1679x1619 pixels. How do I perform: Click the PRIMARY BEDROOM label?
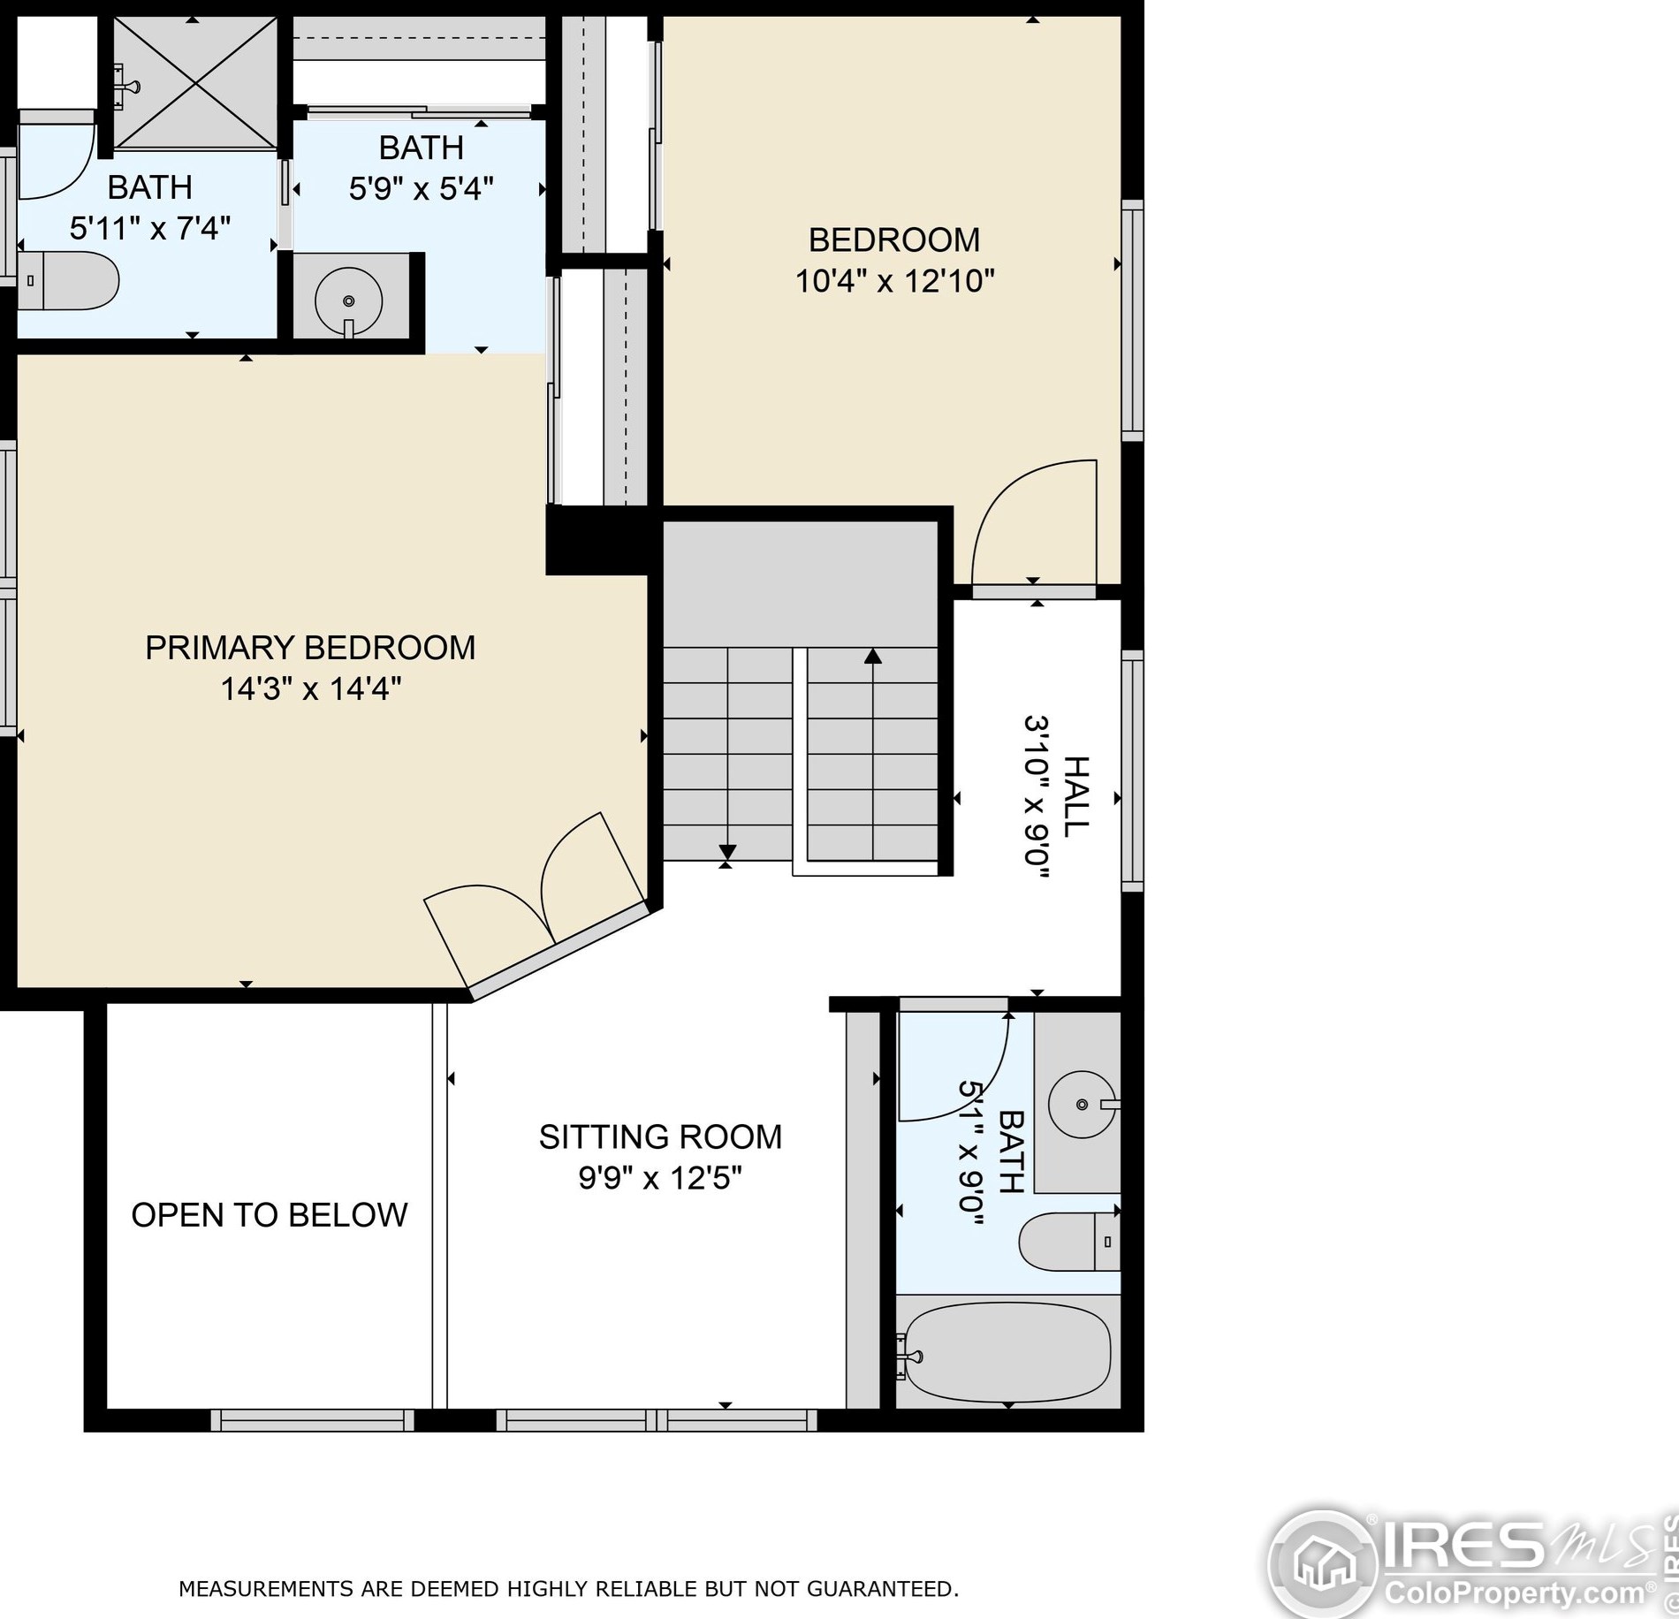(x=310, y=648)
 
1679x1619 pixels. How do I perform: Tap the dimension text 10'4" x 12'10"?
(x=894, y=282)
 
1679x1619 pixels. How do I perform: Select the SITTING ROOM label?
(x=660, y=1137)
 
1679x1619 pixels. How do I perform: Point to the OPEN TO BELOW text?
(x=270, y=1215)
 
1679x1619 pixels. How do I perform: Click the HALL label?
(x=1075, y=797)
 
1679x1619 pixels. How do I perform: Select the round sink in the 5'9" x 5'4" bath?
(x=349, y=300)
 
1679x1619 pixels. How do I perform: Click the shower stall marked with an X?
(x=195, y=81)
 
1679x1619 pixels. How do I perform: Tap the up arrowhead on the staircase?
(x=873, y=656)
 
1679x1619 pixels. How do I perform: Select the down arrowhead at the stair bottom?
(x=727, y=853)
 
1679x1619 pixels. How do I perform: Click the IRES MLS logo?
(x=1467, y=1562)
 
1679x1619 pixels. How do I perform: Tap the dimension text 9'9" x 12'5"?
(x=660, y=1179)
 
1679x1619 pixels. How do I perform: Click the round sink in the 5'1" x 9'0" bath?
(x=1082, y=1104)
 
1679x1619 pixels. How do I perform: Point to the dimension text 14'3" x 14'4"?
(x=310, y=688)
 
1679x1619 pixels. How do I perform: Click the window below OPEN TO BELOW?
(x=313, y=1420)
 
